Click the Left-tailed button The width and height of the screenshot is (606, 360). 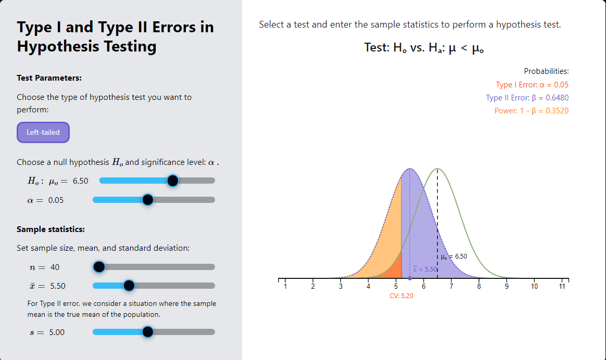tap(43, 132)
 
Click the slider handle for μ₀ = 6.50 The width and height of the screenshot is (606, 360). tap(173, 181)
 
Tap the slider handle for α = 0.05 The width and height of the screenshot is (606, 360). tap(147, 200)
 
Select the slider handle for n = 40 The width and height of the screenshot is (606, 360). tap(99, 267)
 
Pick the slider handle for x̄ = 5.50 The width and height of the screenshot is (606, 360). tap(129, 286)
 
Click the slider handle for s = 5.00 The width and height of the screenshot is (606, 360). tap(147, 332)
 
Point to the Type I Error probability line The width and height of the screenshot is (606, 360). tap(532, 85)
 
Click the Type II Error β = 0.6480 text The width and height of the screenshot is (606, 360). tap(527, 98)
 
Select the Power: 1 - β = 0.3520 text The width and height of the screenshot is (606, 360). tap(531, 111)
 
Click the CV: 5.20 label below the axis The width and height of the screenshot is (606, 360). tap(401, 295)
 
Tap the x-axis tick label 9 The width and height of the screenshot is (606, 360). tap(507, 287)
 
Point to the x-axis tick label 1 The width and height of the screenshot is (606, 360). tap(285, 287)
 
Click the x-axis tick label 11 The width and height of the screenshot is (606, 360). tap(562, 287)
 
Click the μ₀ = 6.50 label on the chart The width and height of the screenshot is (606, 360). tap(454, 256)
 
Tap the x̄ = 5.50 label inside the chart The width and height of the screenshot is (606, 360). tap(425, 269)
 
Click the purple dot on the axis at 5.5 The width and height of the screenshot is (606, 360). tap(410, 278)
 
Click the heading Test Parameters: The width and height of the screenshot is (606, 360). tap(49, 78)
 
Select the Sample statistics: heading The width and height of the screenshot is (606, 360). tap(51, 229)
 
